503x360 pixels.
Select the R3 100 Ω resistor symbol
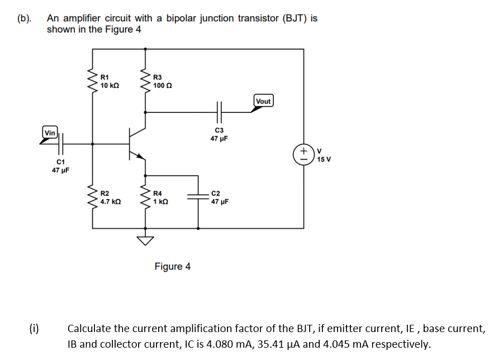(x=146, y=81)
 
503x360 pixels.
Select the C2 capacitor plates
(x=198, y=196)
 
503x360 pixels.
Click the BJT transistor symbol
(x=135, y=144)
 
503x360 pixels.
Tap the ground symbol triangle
(x=146, y=241)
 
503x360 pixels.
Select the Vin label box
(x=50, y=132)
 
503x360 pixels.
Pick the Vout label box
(x=263, y=101)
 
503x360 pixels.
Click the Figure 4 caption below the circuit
(x=172, y=267)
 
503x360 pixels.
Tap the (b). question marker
(x=25, y=18)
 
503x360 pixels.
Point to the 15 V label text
(x=324, y=159)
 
